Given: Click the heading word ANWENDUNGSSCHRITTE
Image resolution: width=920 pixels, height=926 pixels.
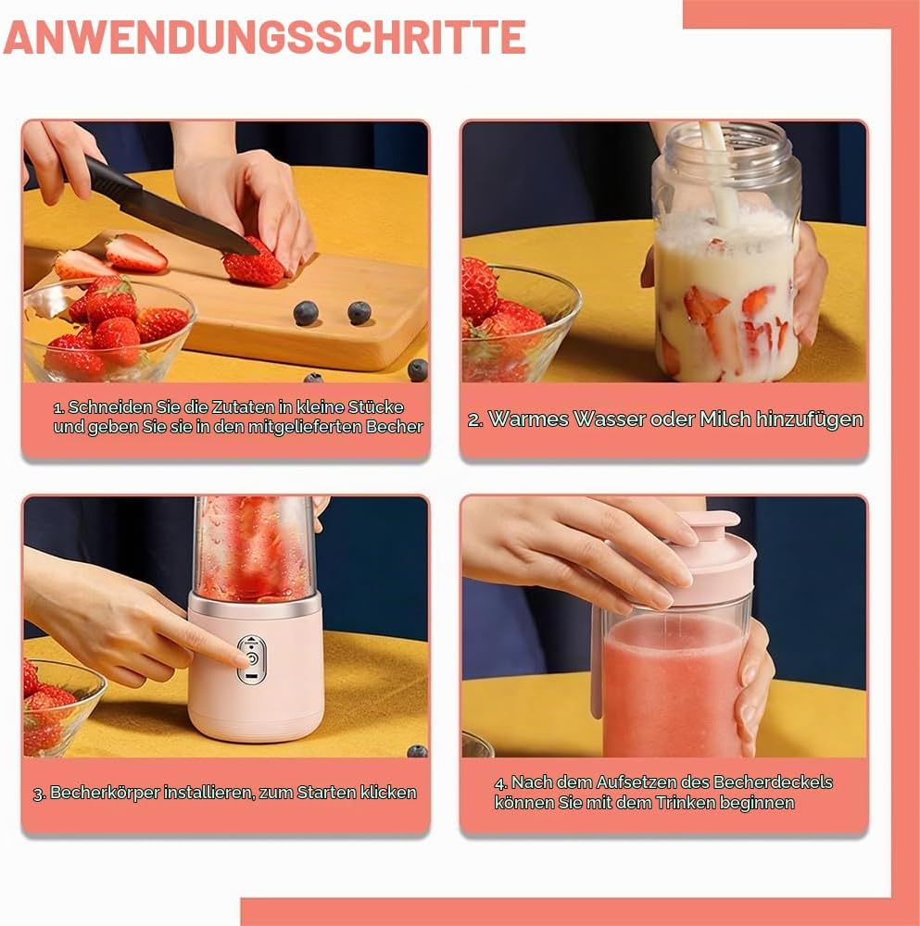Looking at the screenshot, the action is pyautogui.click(x=264, y=37).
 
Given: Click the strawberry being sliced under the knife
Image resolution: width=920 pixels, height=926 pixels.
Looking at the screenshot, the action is pyautogui.click(x=254, y=263).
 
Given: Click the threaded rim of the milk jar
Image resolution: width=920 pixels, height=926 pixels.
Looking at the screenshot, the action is pyautogui.click(x=726, y=147).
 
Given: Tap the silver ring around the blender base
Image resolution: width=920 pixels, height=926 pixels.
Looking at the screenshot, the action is pyautogui.click(x=256, y=606).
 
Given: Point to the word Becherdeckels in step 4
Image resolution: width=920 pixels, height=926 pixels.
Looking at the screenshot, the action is pyautogui.click(x=773, y=782).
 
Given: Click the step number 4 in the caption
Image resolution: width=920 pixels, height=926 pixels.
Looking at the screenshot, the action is pyautogui.click(x=500, y=783).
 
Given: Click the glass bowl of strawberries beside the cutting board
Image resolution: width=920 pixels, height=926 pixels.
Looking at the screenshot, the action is pyautogui.click(x=108, y=331).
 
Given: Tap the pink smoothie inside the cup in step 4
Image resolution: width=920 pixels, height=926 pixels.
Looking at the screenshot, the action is pyautogui.click(x=673, y=685).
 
